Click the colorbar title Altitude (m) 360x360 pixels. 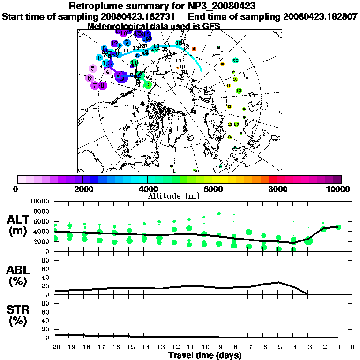click(x=180, y=195)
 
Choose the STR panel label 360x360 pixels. click(x=20, y=315)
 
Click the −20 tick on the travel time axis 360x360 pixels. click(x=55, y=347)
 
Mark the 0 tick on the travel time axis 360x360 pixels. click(x=352, y=347)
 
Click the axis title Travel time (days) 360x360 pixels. click(x=205, y=356)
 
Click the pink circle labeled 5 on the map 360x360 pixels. click(x=93, y=68)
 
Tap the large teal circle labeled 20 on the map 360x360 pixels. click(x=235, y=60)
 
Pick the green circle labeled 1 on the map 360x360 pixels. click(x=148, y=85)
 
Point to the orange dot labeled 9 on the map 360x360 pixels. click(x=194, y=49)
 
